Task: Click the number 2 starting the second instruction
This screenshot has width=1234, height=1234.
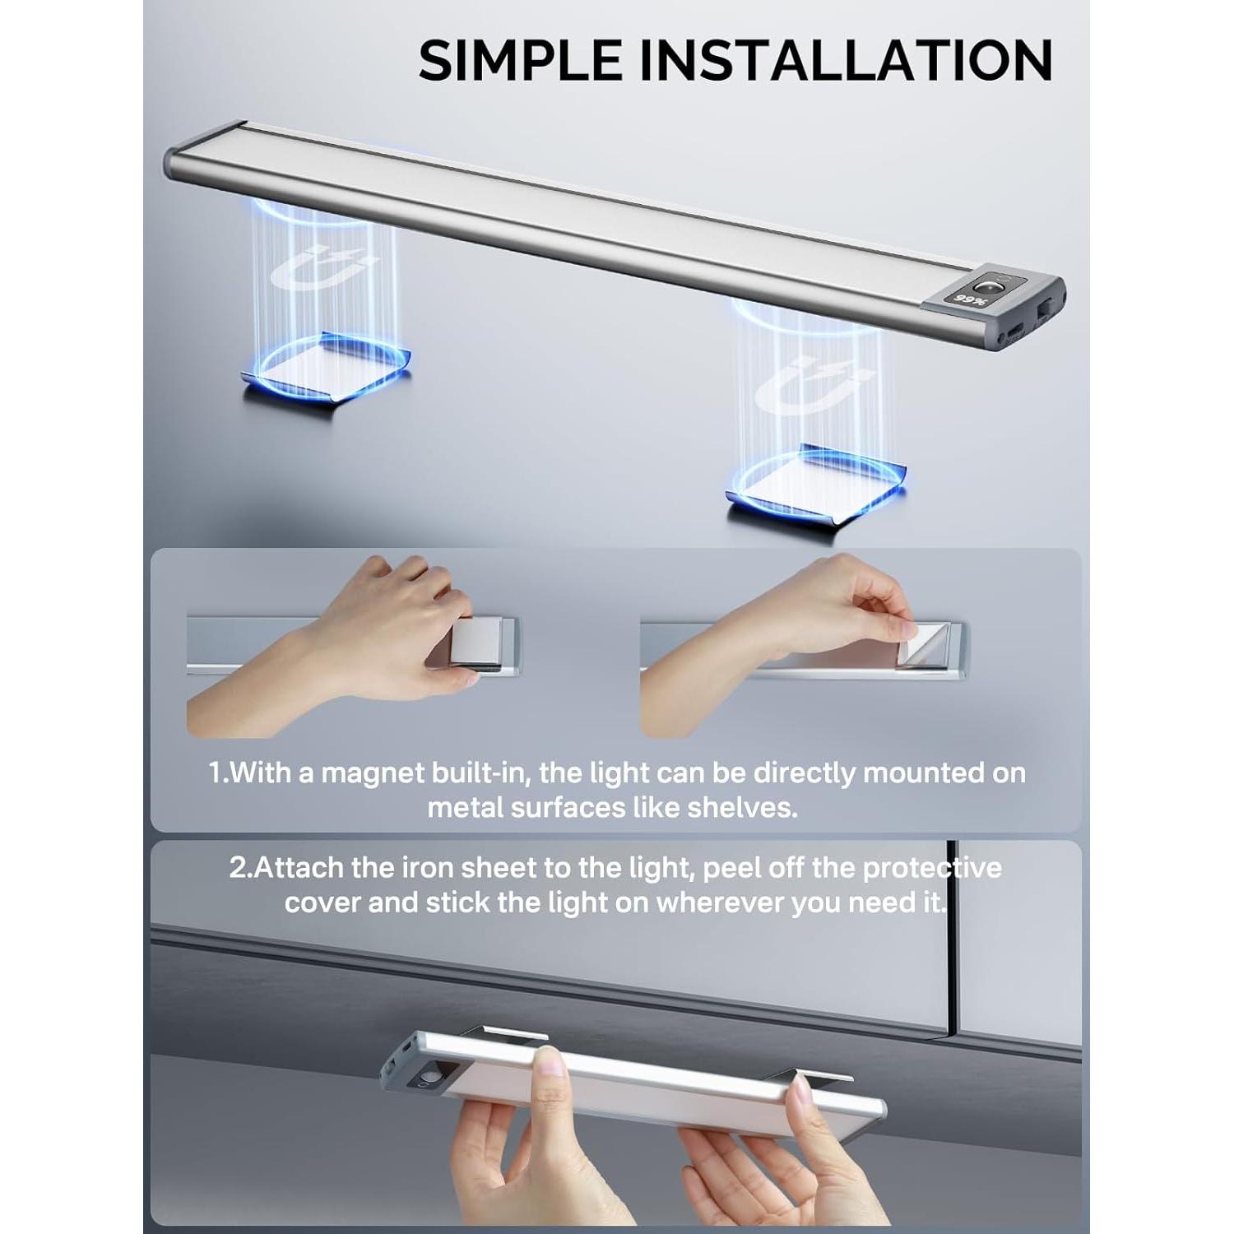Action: [x=238, y=868]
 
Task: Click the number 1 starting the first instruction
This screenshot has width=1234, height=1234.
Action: [x=216, y=773]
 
